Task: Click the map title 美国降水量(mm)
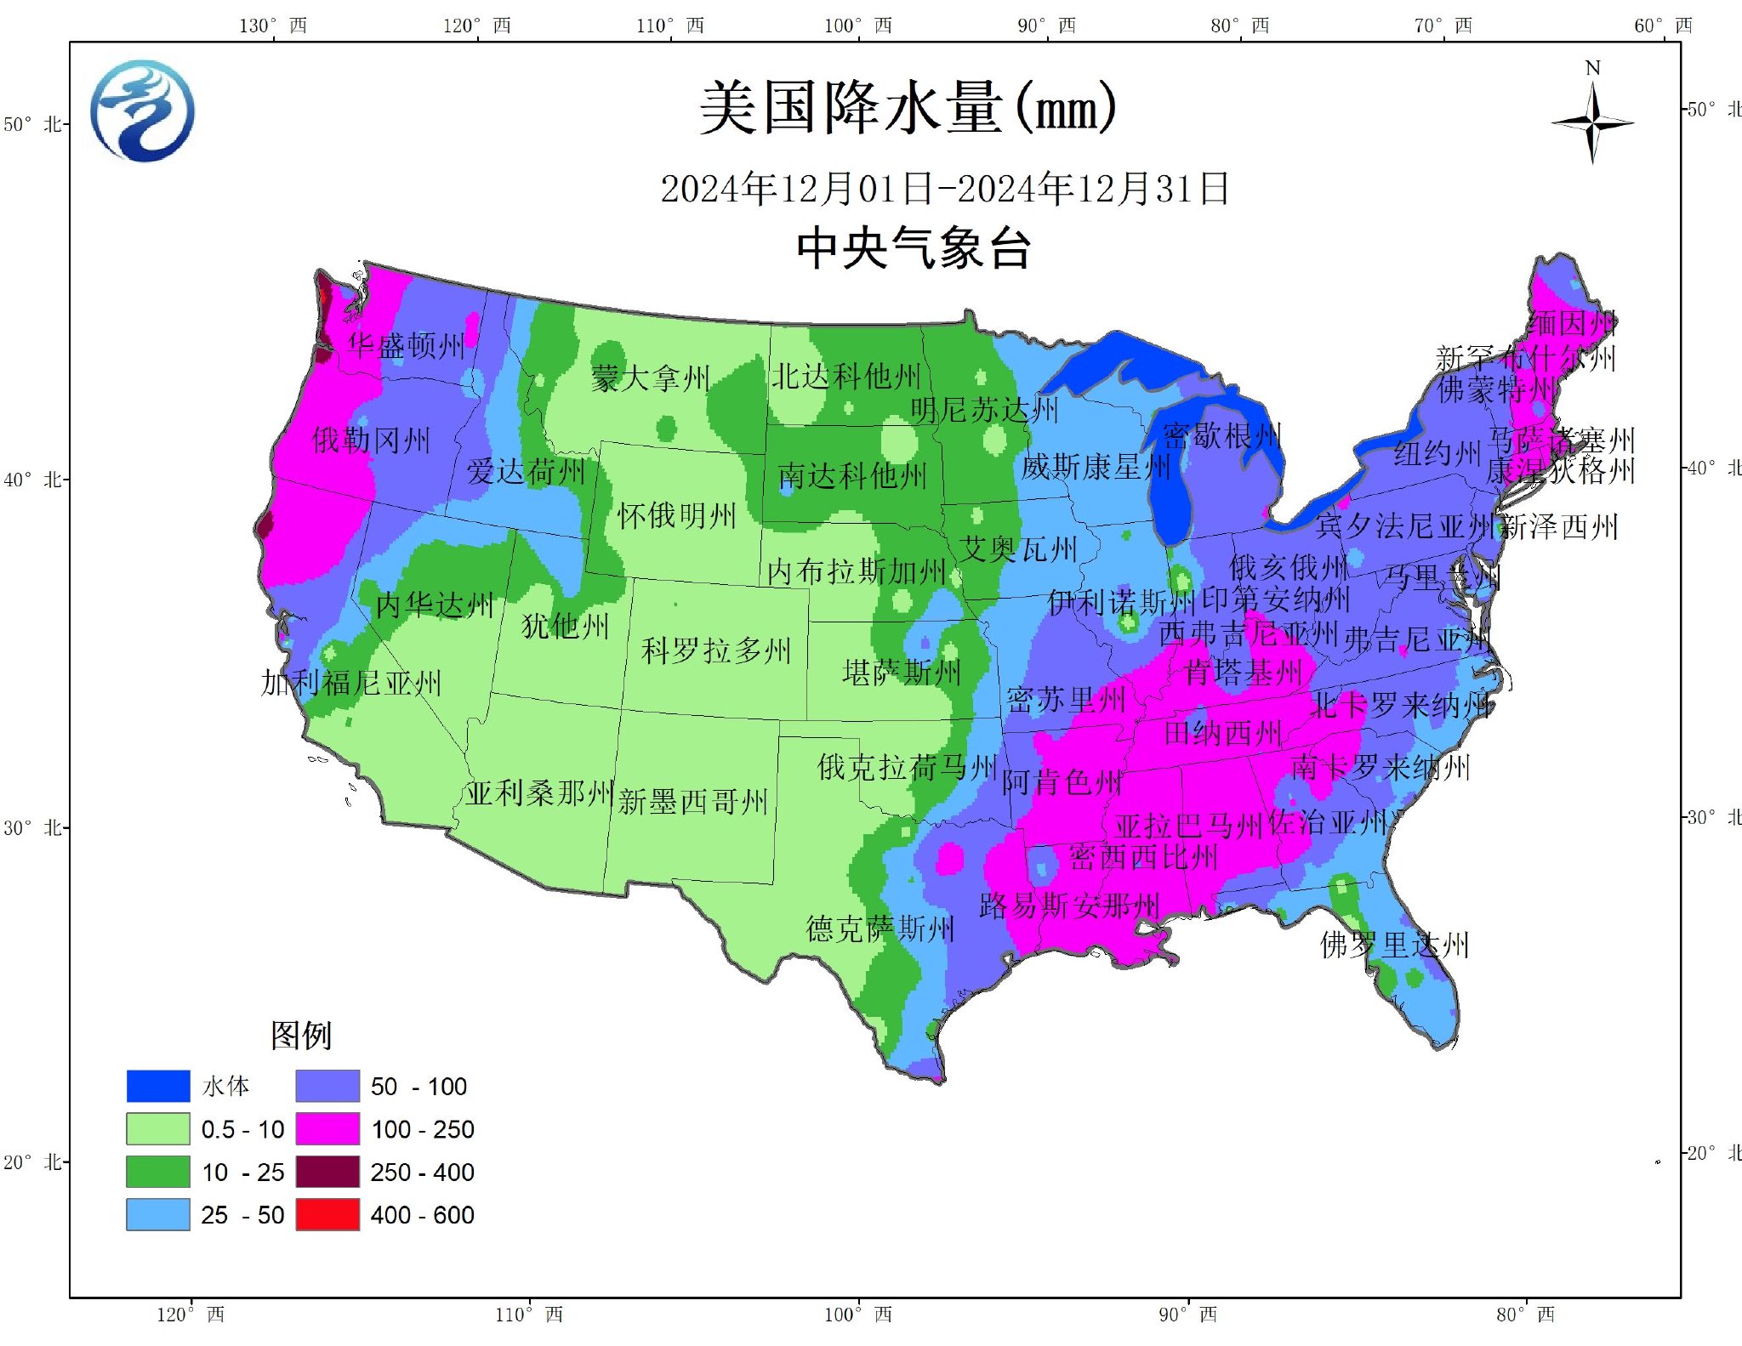pyautogui.click(x=907, y=109)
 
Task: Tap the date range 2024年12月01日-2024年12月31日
pyautogui.click(x=944, y=189)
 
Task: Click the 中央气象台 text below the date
pyautogui.click(x=914, y=249)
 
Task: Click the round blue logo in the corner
pyautogui.click(x=142, y=111)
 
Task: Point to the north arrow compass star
pyautogui.click(x=1592, y=123)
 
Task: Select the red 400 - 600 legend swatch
pyautogui.click(x=327, y=1215)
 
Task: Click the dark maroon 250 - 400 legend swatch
pyautogui.click(x=327, y=1172)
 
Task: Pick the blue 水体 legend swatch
pyautogui.click(x=158, y=1086)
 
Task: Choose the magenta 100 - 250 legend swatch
pyautogui.click(x=327, y=1129)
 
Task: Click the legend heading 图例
pyautogui.click(x=301, y=1035)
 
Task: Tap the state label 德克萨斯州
pyautogui.click(x=880, y=929)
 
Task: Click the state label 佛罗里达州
pyautogui.click(x=1394, y=945)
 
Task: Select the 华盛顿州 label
pyautogui.click(x=407, y=345)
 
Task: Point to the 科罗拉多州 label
pyautogui.click(x=716, y=650)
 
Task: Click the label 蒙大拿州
pyautogui.click(x=651, y=378)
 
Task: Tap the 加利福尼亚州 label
pyautogui.click(x=351, y=683)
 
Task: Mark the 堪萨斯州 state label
pyautogui.click(x=902, y=673)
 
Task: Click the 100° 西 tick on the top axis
pyautogui.click(x=857, y=26)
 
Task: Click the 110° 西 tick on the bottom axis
pyautogui.click(x=529, y=1315)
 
